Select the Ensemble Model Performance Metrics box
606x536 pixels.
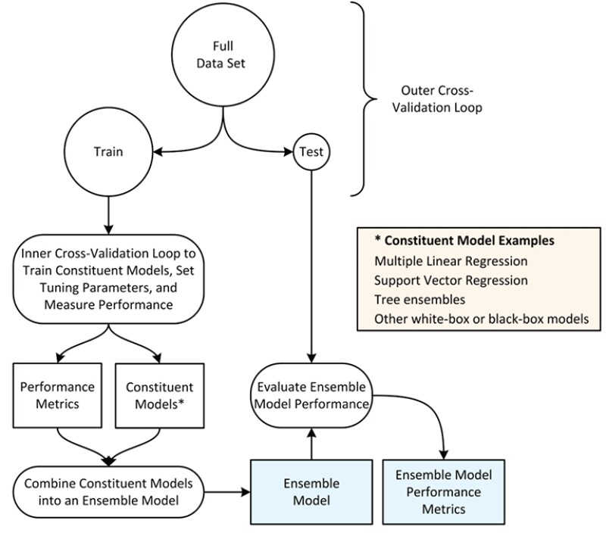(433, 491)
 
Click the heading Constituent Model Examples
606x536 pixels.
(464, 241)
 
